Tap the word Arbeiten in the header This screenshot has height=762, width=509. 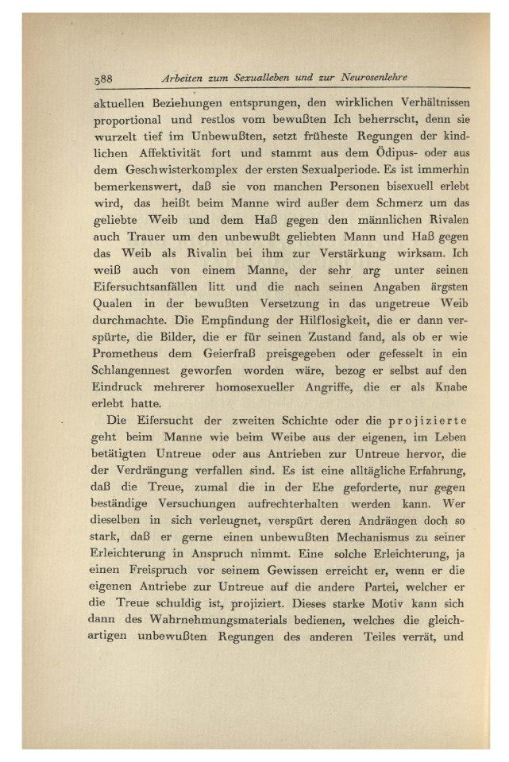tap(183, 79)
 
